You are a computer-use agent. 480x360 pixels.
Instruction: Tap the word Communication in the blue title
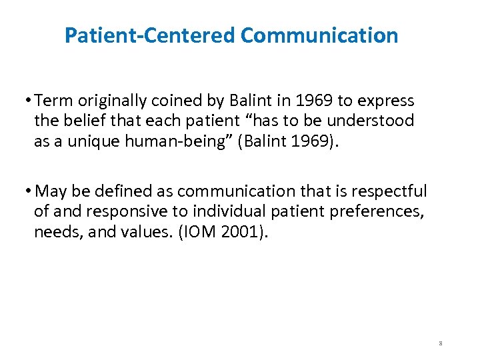coord(319,35)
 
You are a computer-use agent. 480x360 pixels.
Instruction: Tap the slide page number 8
coord(441,343)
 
